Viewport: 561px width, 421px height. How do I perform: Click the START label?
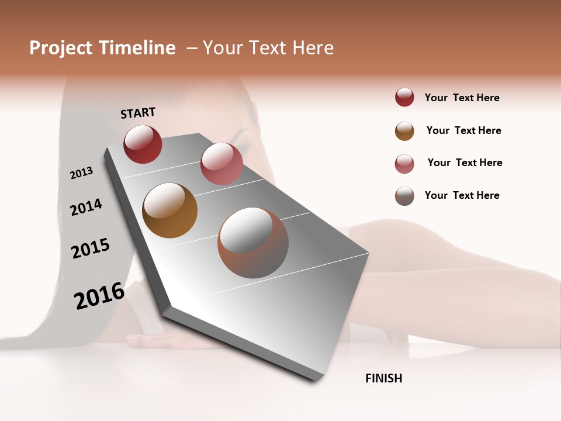pyautogui.click(x=138, y=113)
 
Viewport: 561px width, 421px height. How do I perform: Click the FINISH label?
pyautogui.click(x=383, y=378)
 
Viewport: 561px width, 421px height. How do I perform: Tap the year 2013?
pyautogui.click(x=81, y=172)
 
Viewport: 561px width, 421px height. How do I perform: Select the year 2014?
pyautogui.click(x=86, y=207)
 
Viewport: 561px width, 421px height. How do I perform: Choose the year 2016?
pyautogui.click(x=99, y=296)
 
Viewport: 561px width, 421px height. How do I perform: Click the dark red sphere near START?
pyautogui.click(x=143, y=144)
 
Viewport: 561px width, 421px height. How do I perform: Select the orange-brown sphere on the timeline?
pyautogui.click(x=170, y=210)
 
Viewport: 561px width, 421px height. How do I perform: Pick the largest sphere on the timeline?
pyautogui.click(x=253, y=243)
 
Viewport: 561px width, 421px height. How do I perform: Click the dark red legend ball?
pyautogui.click(x=404, y=98)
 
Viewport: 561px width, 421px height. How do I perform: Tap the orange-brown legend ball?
pyautogui.click(x=404, y=131)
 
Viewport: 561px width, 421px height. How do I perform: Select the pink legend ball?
pyautogui.click(x=404, y=164)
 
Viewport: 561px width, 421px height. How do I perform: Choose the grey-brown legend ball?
pyautogui.click(x=404, y=196)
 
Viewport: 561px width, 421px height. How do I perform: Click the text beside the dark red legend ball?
pyautogui.click(x=462, y=98)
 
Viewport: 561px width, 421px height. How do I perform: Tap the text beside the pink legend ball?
pyautogui.click(x=465, y=163)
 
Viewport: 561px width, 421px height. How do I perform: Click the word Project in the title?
pyautogui.click(x=61, y=48)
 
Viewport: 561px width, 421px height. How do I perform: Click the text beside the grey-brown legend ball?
pyautogui.click(x=462, y=195)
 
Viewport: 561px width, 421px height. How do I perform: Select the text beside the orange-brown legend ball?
pyautogui.click(x=463, y=130)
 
